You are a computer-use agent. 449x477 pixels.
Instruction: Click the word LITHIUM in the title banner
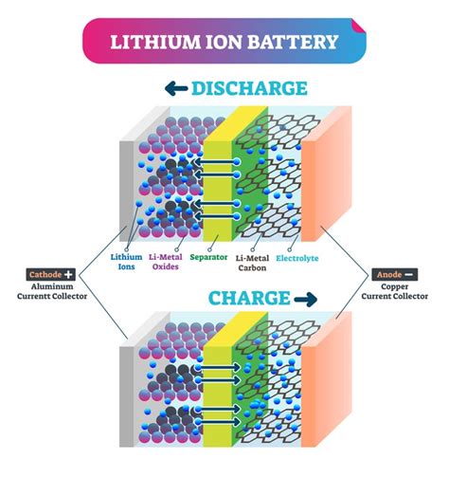point(155,42)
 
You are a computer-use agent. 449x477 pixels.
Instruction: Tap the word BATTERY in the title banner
point(293,42)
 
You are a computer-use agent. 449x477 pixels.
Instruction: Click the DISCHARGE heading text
point(249,88)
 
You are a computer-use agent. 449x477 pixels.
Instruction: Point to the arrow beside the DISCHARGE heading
point(176,88)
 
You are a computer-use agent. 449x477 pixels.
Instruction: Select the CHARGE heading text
point(249,298)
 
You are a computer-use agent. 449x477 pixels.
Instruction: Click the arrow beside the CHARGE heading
point(305,299)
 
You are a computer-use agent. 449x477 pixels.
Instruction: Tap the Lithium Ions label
point(126,262)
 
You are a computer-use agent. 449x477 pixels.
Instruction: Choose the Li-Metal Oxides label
point(166,262)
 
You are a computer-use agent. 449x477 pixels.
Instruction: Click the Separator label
point(208,257)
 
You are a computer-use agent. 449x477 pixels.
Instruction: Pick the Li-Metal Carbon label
point(252,263)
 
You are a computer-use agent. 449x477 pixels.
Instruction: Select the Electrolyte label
point(297,258)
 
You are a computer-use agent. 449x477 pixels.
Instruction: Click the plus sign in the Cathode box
point(68,274)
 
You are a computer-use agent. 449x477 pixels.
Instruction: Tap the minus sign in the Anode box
point(408,274)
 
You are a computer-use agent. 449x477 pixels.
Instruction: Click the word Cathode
point(45,274)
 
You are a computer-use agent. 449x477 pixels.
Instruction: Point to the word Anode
point(389,274)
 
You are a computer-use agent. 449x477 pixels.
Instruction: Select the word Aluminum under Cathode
point(52,286)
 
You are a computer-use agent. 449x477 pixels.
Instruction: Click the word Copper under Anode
point(395,286)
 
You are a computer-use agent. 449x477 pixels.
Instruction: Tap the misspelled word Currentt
point(32,296)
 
